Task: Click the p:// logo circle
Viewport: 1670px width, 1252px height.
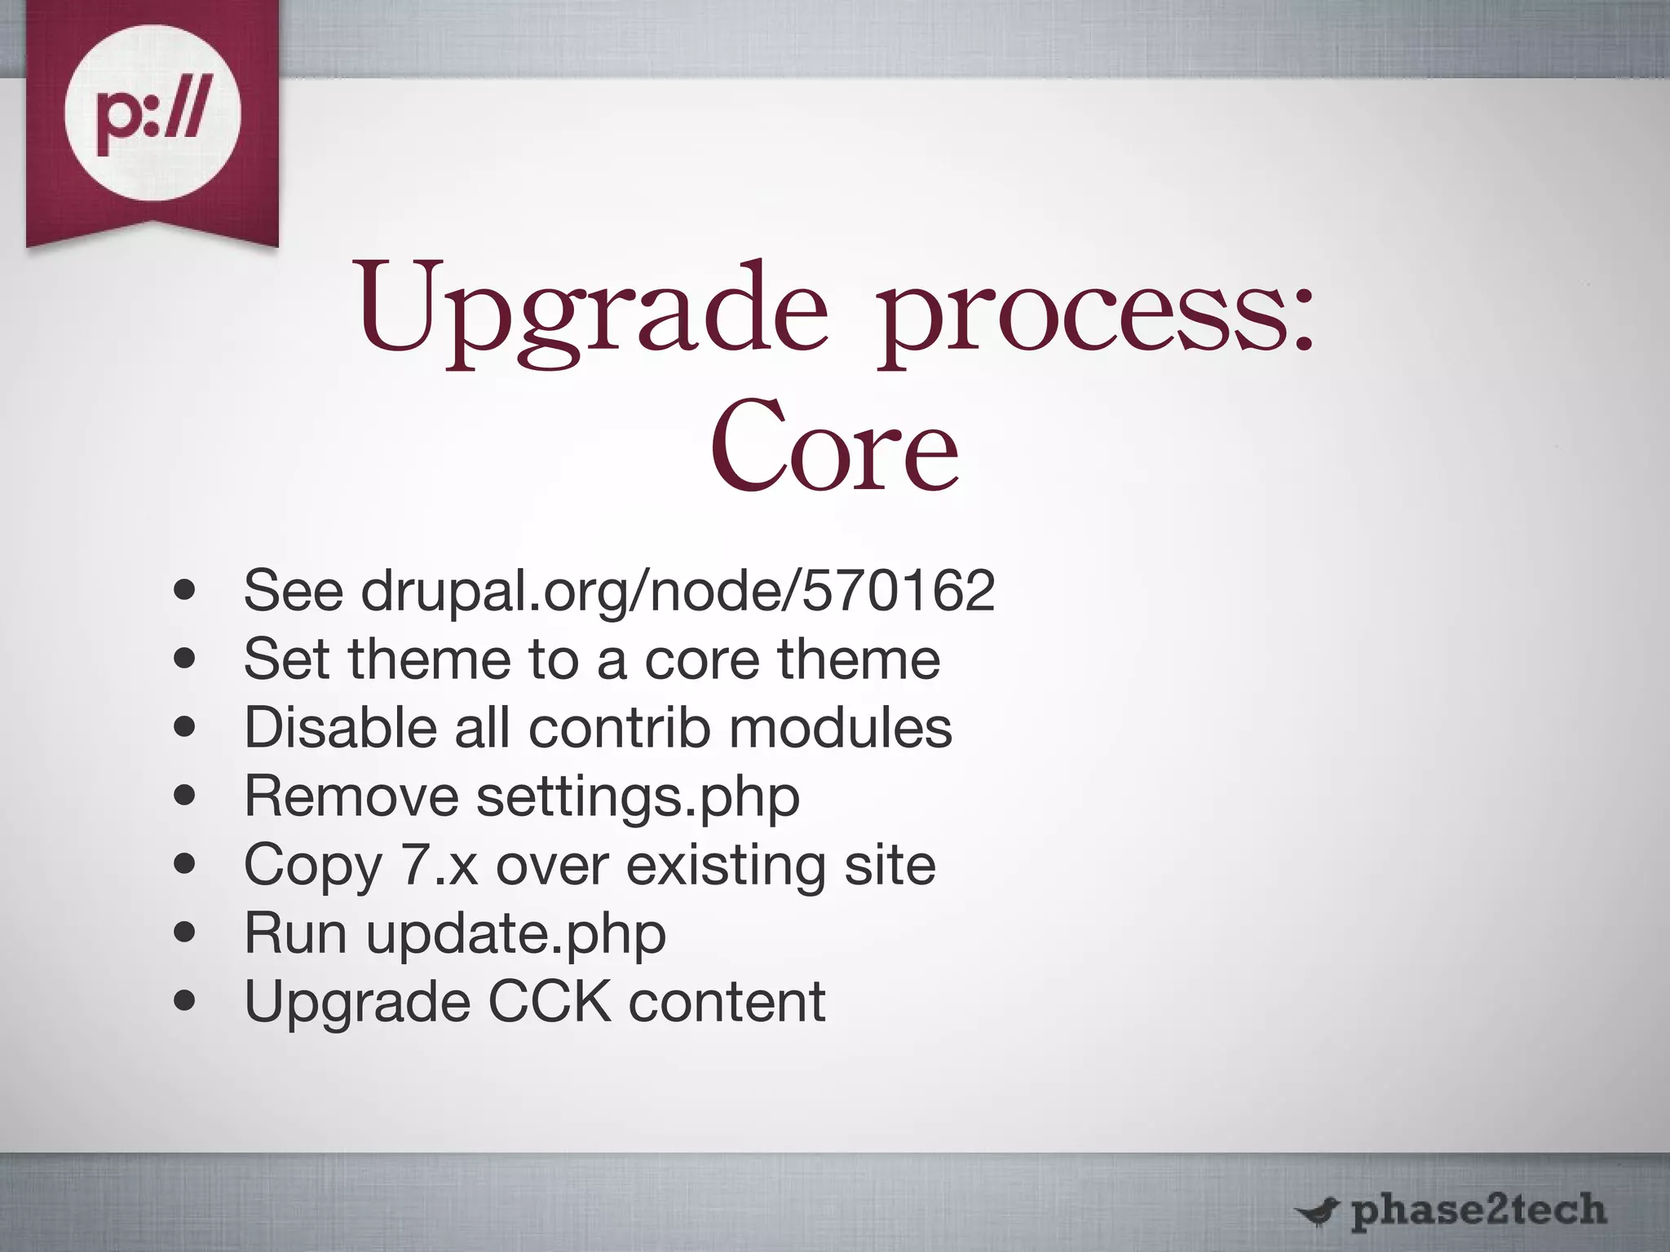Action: point(152,113)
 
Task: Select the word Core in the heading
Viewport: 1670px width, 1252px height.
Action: point(833,447)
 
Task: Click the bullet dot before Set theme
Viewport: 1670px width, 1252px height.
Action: point(186,659)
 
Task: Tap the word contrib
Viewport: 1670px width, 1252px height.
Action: point(619,727)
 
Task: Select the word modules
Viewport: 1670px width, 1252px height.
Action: point(841,727)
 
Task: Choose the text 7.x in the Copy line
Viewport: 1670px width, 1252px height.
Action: point(439,865)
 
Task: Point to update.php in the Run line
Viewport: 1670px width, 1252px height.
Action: point(515,935)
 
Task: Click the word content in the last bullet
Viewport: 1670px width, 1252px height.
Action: point(727,1003)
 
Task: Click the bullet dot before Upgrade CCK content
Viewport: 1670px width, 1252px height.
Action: point(186,1001)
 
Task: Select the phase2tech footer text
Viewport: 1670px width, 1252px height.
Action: point(1478,1210)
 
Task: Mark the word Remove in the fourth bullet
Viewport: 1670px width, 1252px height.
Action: point(351,796)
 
